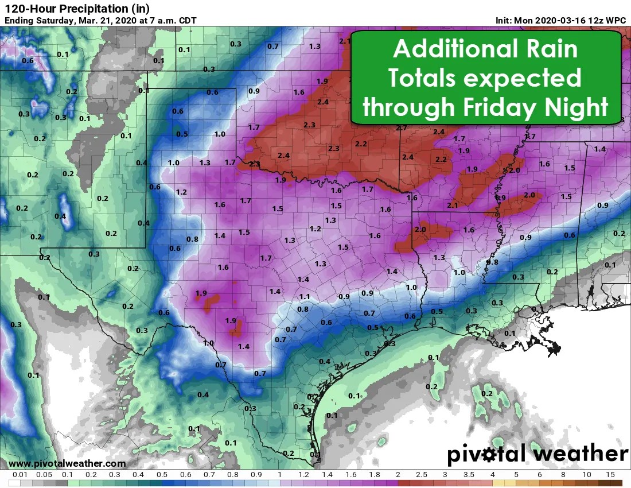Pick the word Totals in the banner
pos(423,78)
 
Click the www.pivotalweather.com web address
pos(67,463)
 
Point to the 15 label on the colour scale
pos(610,475)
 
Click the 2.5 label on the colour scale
pos(421,475)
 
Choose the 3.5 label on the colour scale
pos(469,475)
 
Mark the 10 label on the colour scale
pos(587,475)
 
